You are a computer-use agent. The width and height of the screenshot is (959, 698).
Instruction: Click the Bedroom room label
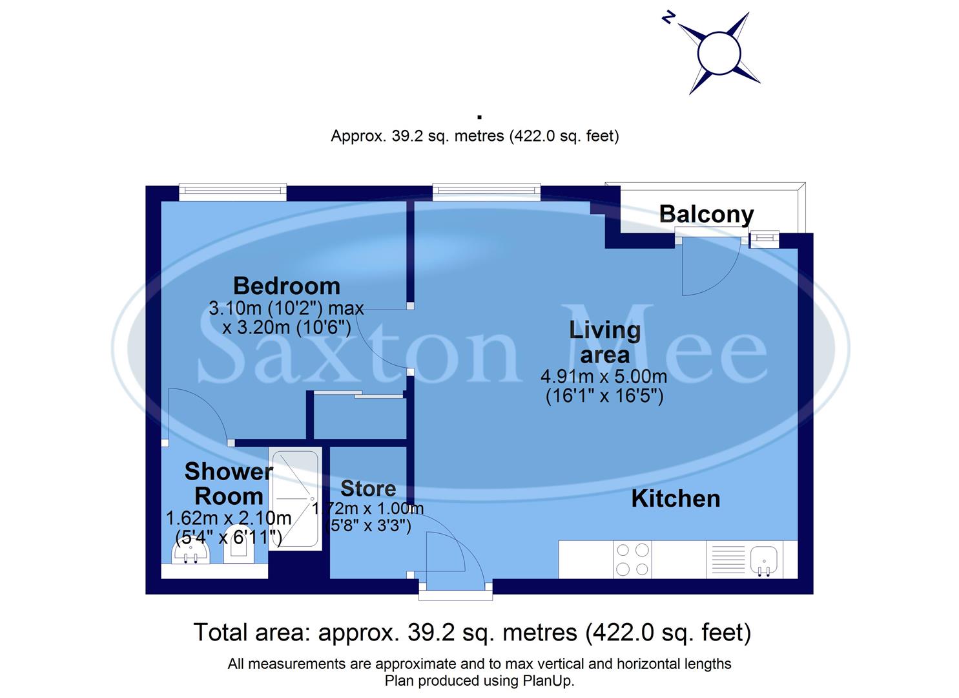(x=286, y=286)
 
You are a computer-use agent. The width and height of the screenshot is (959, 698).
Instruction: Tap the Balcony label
(x=706, y=214)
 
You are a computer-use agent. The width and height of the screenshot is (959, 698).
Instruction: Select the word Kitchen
(x=675, y=498)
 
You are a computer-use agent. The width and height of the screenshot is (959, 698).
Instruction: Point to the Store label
(x=368, y=488)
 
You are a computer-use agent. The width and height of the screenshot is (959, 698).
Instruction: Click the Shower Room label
(x=228, y=483)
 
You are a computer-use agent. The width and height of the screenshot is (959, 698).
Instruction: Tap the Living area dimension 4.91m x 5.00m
(x=604, y=376)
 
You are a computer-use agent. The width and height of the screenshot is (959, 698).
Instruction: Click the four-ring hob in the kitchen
(x=632, y=560)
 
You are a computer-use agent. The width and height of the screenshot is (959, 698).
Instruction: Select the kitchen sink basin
(x=764, y=560)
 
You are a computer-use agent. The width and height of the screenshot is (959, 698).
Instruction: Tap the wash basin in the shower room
(x=192, y=553)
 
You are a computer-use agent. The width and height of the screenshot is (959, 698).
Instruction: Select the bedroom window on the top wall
(x=232, y=190)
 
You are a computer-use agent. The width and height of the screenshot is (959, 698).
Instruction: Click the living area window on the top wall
(x=486, y=190)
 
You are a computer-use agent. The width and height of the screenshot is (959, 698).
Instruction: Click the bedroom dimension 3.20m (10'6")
(x=286, y=328)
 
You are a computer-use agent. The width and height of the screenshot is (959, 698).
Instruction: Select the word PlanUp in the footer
(x=548, y=681)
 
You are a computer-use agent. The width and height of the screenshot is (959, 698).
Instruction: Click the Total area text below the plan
(x=472, y=632)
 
